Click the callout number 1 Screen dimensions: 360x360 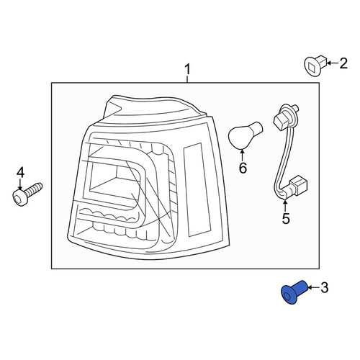187,70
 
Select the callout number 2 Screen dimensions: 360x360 343,63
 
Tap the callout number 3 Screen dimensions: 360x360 324,287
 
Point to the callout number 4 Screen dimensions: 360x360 20,173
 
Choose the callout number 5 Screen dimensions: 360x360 286,218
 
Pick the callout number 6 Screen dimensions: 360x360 243,168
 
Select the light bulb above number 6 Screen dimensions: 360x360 245,135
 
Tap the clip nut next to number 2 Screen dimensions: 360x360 315,66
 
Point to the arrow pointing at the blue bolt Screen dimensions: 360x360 314,287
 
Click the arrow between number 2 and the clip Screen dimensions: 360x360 333,63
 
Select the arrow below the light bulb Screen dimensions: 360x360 243,155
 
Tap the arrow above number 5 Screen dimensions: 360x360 285,205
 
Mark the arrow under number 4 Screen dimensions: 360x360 20,185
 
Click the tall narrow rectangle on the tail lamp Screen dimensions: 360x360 197,189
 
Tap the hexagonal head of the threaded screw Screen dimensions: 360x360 18,198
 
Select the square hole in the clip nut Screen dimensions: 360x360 312,67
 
